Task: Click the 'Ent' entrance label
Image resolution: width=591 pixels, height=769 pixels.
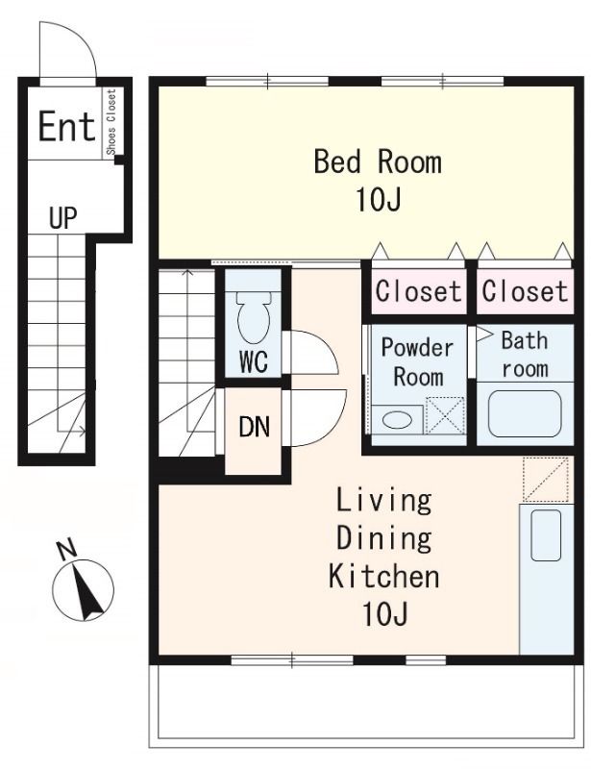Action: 66,127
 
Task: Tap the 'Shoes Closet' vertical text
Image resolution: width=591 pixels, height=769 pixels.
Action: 111,122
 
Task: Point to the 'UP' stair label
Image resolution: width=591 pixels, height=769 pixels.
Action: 63,218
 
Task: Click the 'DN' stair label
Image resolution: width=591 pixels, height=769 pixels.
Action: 254,427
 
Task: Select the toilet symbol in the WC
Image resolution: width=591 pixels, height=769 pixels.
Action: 254,317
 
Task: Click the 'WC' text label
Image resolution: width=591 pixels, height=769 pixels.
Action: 254,361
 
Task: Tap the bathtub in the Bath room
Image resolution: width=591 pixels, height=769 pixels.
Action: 525,413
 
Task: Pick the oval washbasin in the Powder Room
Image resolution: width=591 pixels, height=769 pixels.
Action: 397,420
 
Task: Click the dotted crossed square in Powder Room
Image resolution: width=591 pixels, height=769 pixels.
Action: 445,415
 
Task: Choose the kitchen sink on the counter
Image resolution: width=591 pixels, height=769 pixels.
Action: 546,535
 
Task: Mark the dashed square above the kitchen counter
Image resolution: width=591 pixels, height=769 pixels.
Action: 546,479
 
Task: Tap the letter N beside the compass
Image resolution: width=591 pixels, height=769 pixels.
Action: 66,549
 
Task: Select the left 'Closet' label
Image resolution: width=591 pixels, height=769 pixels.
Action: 418,291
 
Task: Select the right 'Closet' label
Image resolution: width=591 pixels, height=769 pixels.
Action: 525,291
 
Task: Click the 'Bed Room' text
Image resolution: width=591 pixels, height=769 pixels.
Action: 378,161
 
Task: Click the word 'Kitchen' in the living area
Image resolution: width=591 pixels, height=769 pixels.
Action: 383,576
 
